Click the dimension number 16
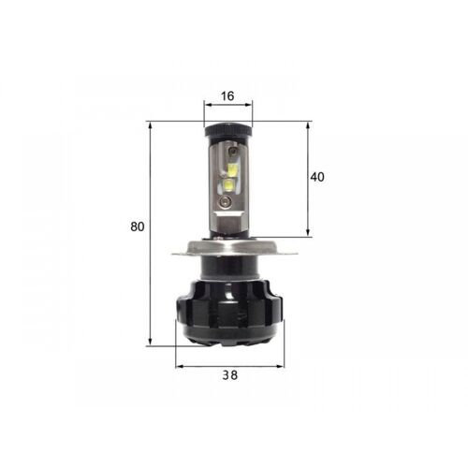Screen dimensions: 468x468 [227, 96]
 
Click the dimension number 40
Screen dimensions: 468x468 [317, 177]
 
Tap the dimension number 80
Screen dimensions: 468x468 [138, 226]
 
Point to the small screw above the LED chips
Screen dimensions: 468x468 [227, 151]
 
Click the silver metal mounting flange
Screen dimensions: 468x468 [227, 249]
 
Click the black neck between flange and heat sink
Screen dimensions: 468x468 [227, 269]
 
